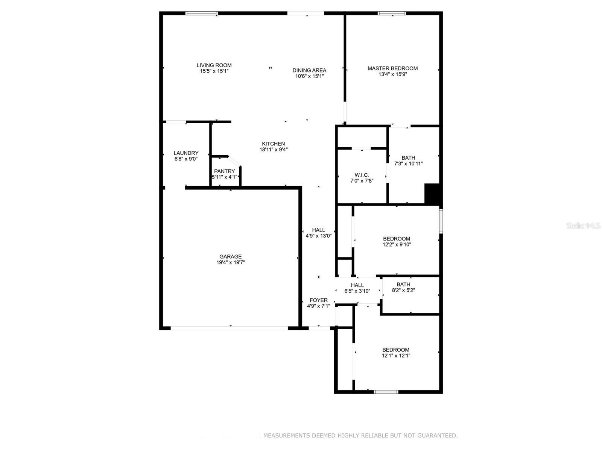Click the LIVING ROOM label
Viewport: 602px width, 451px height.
(214, 65)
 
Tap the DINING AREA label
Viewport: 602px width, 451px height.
(309, 70)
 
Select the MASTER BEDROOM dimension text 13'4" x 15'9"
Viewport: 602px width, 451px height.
(392, 74)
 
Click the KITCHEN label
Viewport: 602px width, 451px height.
(274, 144)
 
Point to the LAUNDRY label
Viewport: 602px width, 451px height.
(186, 153)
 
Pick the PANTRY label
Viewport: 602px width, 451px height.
(224, 171)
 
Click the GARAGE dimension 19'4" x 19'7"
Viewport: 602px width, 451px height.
(231, 263)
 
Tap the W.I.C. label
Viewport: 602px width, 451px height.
(362, 175)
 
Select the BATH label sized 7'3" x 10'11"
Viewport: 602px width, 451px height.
(408, 158)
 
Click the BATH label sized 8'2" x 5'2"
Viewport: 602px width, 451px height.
(403, 285)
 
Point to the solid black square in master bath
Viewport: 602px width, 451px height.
(432, 194)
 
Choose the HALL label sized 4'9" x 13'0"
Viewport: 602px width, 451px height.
(318, 230)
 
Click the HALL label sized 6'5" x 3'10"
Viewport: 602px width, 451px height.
(357, 285)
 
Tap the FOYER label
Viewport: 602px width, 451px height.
(318, 300)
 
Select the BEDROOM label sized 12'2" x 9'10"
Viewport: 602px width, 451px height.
(397, 239)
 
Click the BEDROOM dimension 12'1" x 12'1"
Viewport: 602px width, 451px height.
(396, 356)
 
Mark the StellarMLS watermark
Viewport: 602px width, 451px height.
(583, 226)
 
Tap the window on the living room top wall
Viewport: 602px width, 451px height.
(201, 14)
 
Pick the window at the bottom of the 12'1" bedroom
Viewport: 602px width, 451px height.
(386, 392)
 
